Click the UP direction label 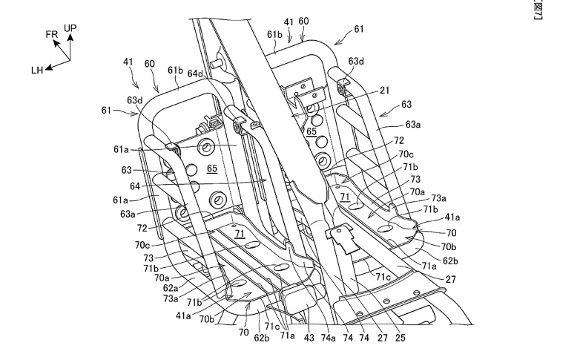pyautogui.click(x=70, y=28)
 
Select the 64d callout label pyautogui.click(x=196, y=73)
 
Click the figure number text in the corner pyautogui.click(x=574, y=10)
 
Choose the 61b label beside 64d pyautogui.click(x=175, y=71)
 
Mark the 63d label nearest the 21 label pyautogui.click(x=356, y=62)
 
